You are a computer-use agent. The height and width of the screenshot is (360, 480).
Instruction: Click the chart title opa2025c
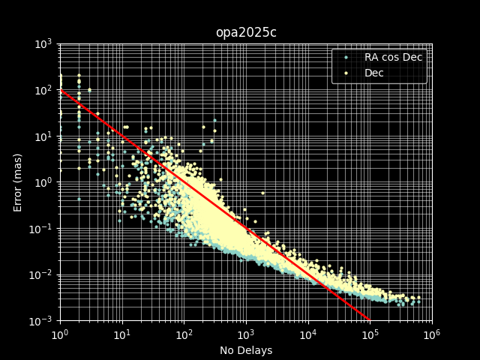245,32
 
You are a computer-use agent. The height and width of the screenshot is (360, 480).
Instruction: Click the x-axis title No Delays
245,350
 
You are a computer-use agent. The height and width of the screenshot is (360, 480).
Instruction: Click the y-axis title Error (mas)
18,182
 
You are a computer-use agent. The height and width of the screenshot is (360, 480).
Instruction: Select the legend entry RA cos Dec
394,57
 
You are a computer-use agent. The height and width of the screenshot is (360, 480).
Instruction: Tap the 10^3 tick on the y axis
43,44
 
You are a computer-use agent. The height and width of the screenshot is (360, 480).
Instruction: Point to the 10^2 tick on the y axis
43,90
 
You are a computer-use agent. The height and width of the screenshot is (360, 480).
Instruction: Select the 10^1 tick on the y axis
43,136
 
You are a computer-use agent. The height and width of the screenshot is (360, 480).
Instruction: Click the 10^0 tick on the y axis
43,182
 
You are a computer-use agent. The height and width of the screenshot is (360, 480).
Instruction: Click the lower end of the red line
370,320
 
